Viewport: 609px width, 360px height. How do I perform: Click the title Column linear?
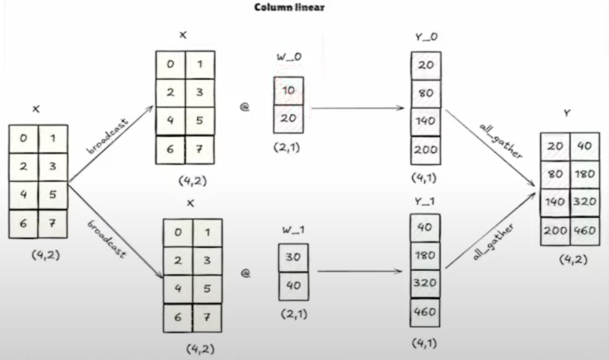(x=289, y=8)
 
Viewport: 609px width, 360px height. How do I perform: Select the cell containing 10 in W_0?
(x=288, y=91)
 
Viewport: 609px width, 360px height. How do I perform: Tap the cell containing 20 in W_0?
(x=288, y=119)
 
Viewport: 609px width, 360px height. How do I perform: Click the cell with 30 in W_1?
(x=293, y=257)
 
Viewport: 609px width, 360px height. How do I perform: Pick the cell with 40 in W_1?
(x=293, y=286)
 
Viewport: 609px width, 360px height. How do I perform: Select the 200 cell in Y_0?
(x=425, y=150)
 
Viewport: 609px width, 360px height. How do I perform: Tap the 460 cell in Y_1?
(x=424, y=313)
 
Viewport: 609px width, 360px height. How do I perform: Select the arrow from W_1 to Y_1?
(x=362, y=271)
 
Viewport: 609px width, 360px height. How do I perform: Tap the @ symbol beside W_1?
(x=245, y=274)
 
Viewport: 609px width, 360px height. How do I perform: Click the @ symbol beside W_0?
(x=244, y=107)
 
